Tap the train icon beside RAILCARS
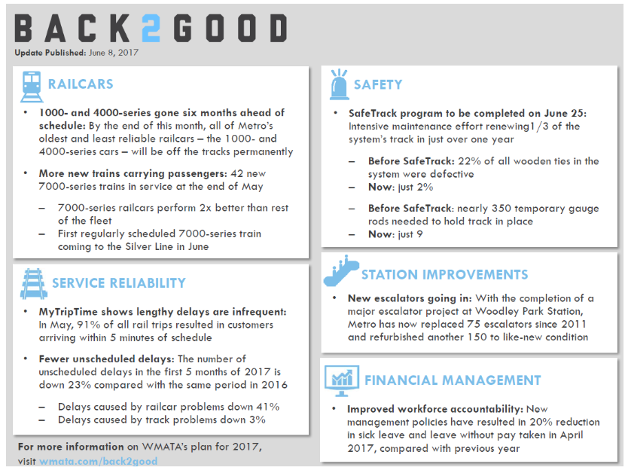point(31,85)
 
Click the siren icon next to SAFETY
point(337,85)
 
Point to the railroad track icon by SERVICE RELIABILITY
point(32,283)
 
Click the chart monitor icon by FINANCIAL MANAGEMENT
point(341,380)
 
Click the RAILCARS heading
point(81,85)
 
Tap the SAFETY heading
point(378,85)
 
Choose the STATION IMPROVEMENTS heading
point(444,275)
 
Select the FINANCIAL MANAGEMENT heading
point(453,380)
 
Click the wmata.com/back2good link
point(99,459)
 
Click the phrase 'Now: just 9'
point(396,234)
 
